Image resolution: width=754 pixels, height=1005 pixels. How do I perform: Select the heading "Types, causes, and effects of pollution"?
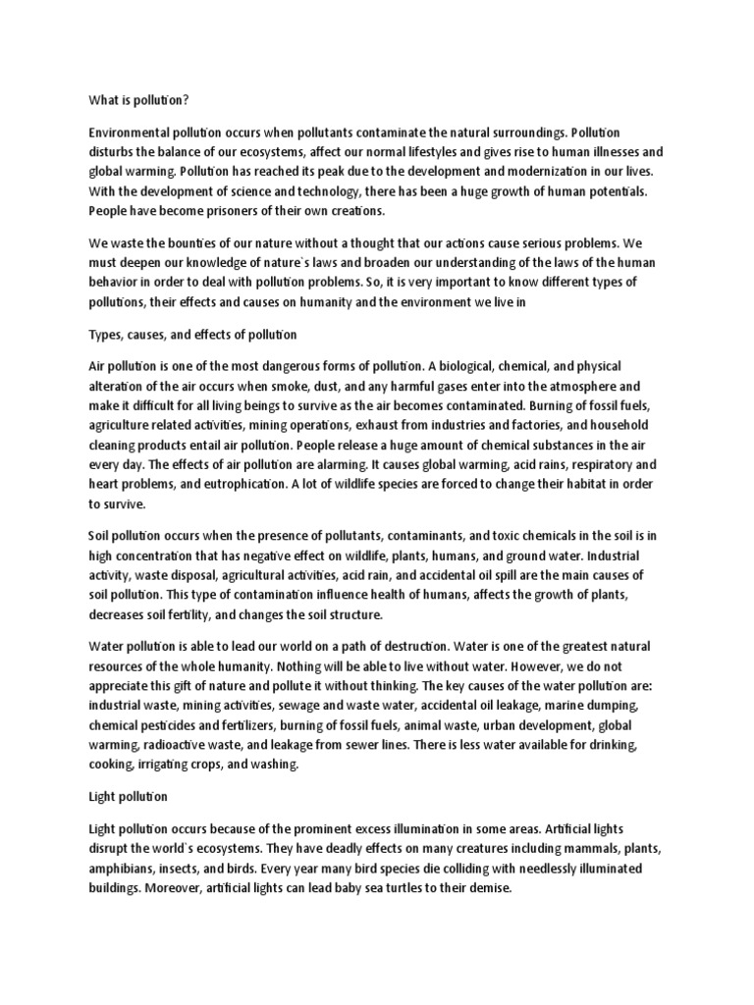pyautogui.click(x=186, y=335)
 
